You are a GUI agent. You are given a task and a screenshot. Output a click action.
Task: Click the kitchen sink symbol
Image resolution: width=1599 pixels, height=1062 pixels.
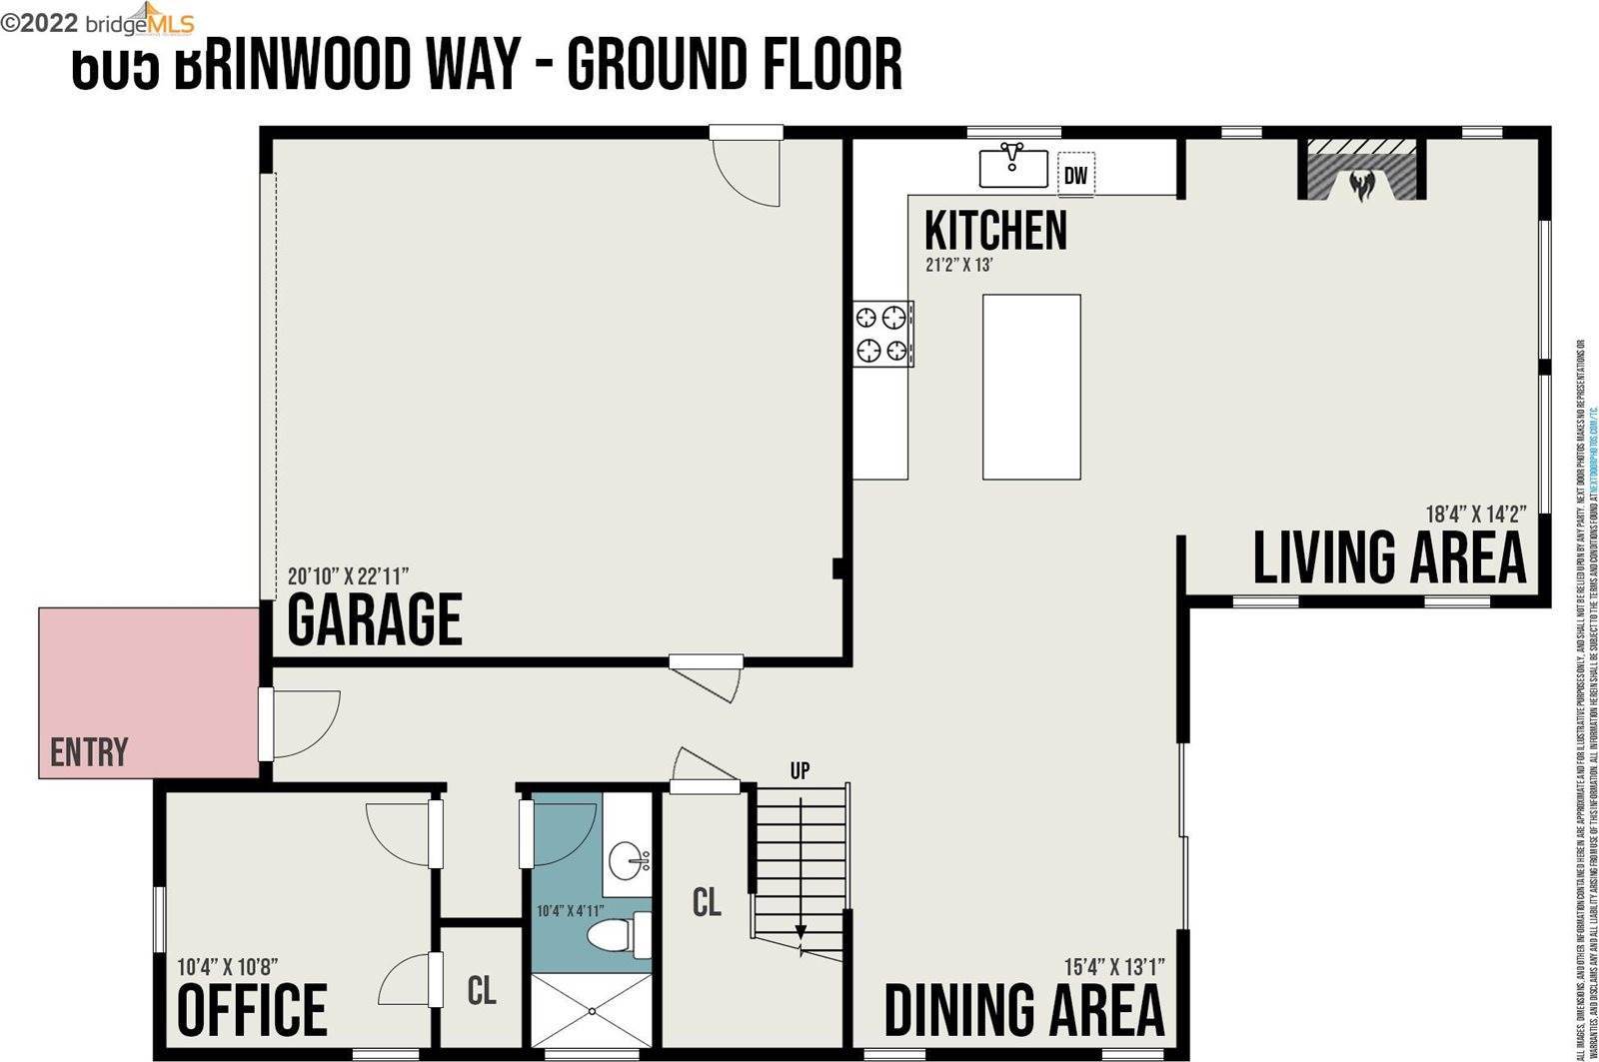1012,166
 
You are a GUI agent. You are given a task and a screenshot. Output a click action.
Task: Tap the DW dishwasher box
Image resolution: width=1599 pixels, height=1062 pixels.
1076,176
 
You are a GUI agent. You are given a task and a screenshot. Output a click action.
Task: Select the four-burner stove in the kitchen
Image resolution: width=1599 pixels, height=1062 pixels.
882,334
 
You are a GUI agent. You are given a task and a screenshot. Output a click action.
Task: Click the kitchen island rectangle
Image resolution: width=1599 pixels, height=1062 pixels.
1031,387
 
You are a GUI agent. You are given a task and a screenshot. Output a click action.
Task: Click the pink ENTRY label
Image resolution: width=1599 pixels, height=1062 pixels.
89,751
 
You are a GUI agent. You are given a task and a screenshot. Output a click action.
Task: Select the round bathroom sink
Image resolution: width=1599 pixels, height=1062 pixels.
629,857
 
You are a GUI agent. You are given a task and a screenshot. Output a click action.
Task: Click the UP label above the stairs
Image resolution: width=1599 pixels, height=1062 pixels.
799,770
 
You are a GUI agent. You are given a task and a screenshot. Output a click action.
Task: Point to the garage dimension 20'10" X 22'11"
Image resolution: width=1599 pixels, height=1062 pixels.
348,576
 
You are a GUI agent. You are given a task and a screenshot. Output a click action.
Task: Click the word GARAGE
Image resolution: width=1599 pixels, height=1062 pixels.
375,619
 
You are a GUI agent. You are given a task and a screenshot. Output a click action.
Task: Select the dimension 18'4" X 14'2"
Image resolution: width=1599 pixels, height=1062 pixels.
1475,516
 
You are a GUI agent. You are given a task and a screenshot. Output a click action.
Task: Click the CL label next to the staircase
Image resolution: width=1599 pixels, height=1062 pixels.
707,902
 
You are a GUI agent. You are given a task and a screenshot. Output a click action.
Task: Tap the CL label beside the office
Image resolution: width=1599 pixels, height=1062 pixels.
482,990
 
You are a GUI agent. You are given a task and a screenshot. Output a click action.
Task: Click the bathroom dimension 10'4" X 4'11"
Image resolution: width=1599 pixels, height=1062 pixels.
571,911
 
